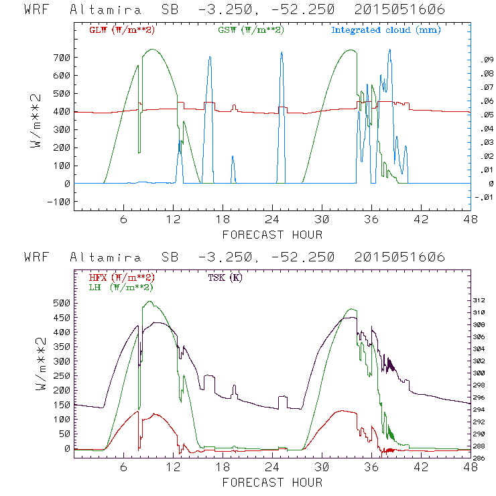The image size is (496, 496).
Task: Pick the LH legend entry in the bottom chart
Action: point(121,287)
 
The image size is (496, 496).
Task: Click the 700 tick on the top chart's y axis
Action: point(61,58)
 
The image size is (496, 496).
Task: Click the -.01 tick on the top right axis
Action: point(483,197)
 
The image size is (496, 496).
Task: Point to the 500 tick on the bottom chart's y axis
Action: point(61,303)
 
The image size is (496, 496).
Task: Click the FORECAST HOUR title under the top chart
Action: point(272,235)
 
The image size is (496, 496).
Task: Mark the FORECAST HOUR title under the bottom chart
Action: point(272,483)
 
